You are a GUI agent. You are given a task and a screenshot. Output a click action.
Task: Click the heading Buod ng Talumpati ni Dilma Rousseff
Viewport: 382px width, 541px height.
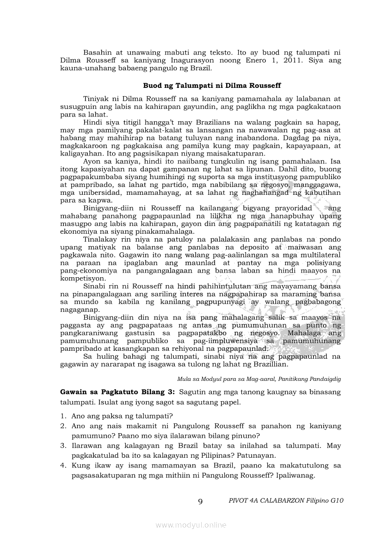click(212, 86)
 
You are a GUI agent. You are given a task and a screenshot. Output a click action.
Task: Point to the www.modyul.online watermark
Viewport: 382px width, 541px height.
click(191, 525)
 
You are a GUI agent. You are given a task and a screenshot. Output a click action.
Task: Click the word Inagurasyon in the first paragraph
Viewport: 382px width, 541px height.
click(176, 61)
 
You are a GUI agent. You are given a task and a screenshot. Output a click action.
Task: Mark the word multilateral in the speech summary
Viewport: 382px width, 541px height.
click(318, 255)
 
